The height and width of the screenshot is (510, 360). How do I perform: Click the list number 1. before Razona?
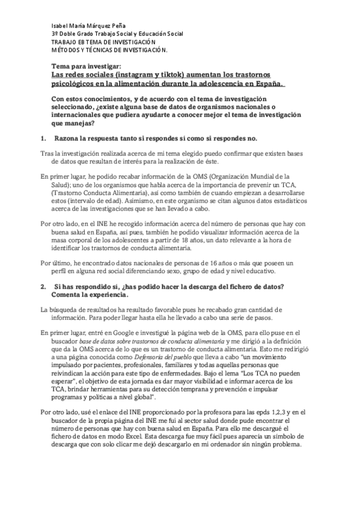43,139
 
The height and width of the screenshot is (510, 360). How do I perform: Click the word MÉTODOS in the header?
69,51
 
